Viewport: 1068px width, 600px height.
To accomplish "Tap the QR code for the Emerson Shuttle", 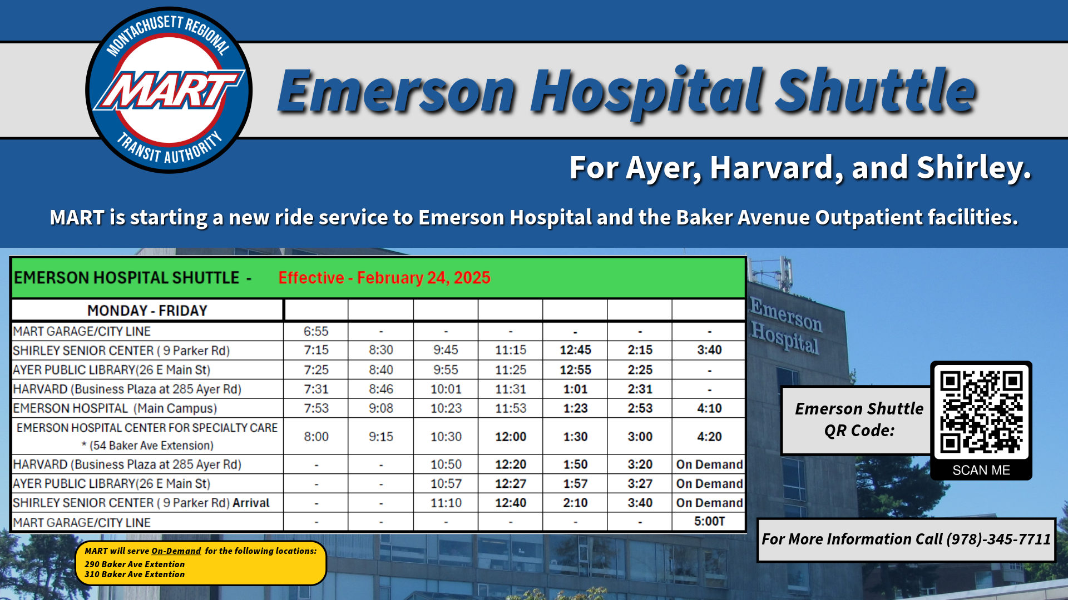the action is coord(981,412).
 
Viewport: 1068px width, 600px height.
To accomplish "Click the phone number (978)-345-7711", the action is coord(999,539).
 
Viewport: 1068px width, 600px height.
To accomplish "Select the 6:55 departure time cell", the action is coord(316,331).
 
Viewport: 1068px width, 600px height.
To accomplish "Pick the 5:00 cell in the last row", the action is coord(709,521).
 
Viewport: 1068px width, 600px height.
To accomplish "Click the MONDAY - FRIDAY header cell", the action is coord(147,310).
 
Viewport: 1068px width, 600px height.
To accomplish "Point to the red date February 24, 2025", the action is coord(424,278).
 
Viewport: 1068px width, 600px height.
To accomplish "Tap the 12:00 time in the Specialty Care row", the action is coord(511,437).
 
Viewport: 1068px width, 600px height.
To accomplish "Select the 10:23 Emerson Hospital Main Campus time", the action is coord(446,408).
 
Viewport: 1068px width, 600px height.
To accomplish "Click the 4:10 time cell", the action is coord(709,408).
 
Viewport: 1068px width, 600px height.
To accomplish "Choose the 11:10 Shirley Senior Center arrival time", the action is coord(446,503).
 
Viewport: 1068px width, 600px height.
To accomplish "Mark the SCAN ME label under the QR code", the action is coord(981,470).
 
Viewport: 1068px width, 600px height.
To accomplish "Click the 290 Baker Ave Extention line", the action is coord(135,564).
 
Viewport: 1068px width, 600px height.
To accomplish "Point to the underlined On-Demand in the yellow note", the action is coord(176,551).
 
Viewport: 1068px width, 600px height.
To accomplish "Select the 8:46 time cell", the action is coord(381,389).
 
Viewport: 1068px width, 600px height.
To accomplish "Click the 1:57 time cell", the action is coord(575,484).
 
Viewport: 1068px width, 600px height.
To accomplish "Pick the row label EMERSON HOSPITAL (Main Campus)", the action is coord(115,408).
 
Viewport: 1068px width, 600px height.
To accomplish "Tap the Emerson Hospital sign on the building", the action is coord(785,326).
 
